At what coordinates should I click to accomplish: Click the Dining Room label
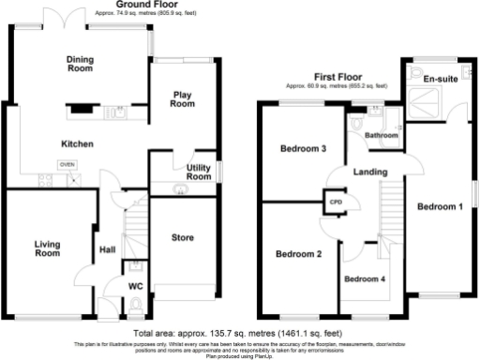(x=80, y=65)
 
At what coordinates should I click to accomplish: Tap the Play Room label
(x=183, y=99)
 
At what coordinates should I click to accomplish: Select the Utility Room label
(x=199, y=172)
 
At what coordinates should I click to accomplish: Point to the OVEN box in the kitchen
(x=67, y=164)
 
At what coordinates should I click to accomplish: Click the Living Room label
(x=47, y=248)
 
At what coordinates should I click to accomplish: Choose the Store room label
(x=183, y=238)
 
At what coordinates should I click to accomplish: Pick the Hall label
(x=108, y=250)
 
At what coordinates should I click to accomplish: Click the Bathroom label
(x=382, y=136)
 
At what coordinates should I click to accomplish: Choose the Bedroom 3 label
(x=303, y=149)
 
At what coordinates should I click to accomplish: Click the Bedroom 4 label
(x=363, y=279)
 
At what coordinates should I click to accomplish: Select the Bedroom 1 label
(x=441, y=206)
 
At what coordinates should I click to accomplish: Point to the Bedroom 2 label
(x=298, y=253)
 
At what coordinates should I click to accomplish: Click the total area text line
(x=238, y=333)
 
